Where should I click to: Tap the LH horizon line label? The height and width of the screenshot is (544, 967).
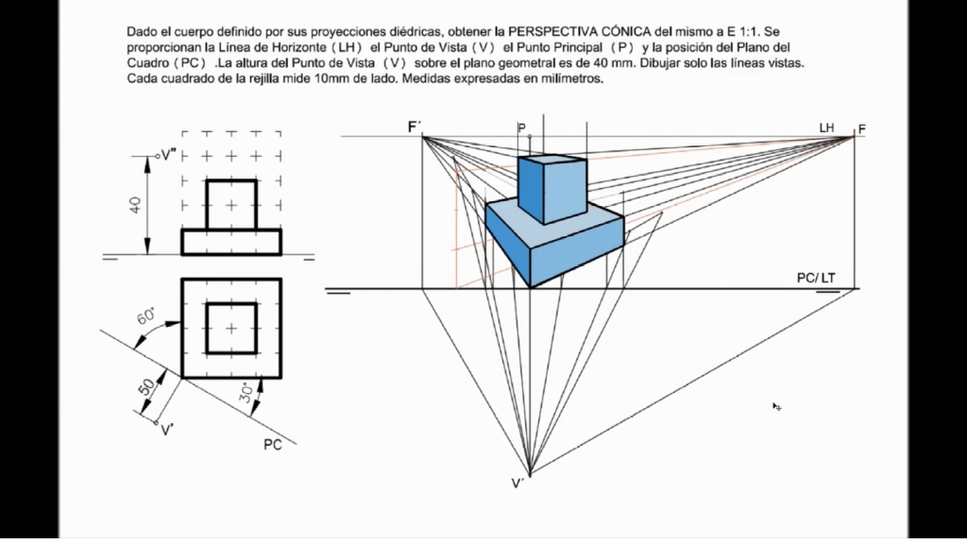click(827, 127)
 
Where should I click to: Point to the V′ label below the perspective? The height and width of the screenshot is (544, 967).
click(518, 484)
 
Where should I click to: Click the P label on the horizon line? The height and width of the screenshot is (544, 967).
click(521, 127)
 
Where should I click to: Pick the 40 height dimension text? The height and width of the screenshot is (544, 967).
click(137, 203)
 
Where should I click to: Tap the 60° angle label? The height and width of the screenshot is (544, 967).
click(148, 316)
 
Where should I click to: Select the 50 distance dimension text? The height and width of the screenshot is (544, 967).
click(147, 387)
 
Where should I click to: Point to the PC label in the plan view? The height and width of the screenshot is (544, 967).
click(272, 445)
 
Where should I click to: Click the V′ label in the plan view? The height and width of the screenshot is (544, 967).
click(167, 431)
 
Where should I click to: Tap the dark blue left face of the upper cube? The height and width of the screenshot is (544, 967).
click(532, 189)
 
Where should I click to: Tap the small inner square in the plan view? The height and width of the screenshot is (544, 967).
click(231, 328)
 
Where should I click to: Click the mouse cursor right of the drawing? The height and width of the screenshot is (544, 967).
click(776, 406)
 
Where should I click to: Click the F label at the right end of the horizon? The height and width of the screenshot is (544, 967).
click(862, 128)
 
